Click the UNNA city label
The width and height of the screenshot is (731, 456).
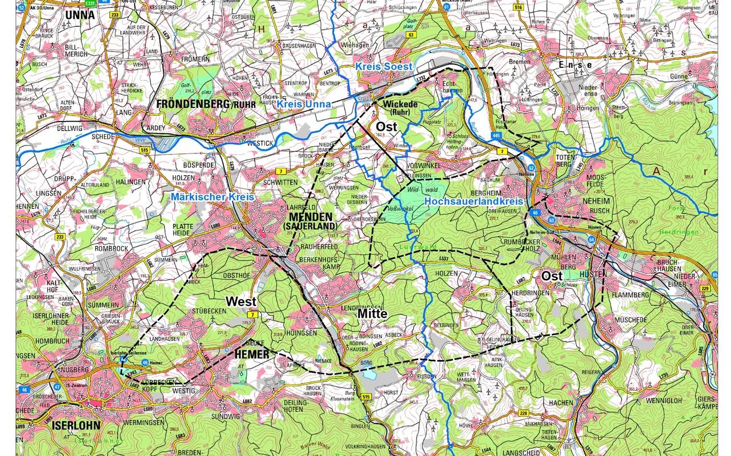click(81, 14)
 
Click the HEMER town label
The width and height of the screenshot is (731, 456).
click(251, 355)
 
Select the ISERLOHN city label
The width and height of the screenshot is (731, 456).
click(75, 425)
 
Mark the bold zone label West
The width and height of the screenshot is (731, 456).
click(241, 300)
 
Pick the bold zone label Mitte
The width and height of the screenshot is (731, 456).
click(372, 314)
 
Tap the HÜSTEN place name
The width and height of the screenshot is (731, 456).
click(592, 275)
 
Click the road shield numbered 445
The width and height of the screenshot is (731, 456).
click(495, 135)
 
